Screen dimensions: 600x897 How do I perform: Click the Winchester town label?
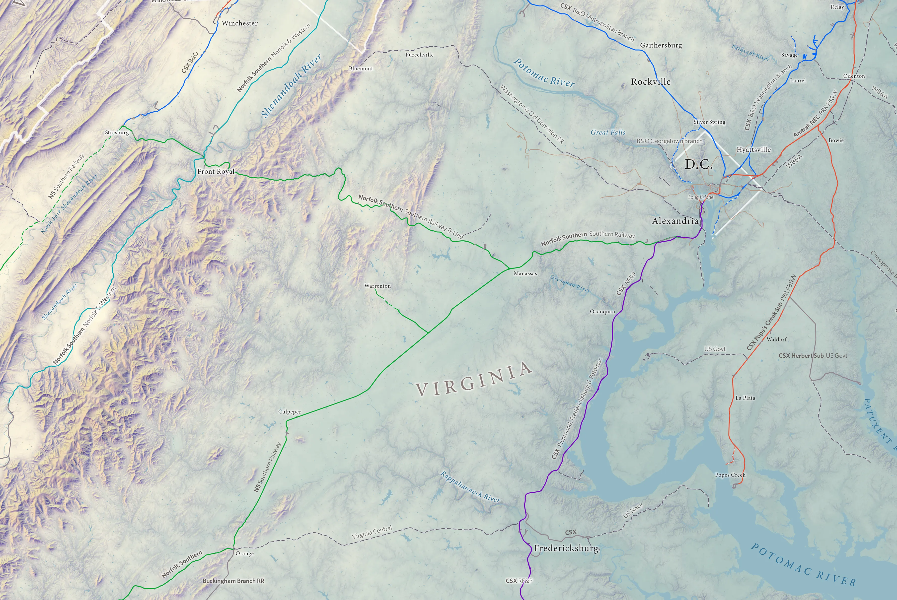[x=240, y=23]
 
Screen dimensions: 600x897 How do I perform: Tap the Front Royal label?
[x=216, y=171]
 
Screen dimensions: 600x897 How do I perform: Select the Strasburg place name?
[x=117, y=133]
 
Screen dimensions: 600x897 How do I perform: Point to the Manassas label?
[x=525, y=273]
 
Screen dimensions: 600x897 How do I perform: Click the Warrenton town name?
[x=377, y=286]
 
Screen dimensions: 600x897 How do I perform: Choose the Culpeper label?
[x=290, y=412]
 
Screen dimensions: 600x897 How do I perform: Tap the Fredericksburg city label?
[x=566, y=548]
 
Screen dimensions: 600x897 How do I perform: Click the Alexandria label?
[x=675, y=221]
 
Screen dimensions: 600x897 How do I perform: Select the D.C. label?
[x=698, y=165]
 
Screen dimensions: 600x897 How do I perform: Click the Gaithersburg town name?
[x=661, y=45]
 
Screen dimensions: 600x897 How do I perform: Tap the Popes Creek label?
[x=730, y=475]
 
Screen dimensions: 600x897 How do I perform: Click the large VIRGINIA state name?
[x=474, y=379]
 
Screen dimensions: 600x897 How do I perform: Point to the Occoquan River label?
[x=570, y=283]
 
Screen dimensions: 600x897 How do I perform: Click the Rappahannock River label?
[x=470, y=487]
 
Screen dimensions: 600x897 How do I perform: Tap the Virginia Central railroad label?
[x=372, y=532]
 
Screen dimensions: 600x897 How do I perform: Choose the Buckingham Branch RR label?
[x=233, y=581]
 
